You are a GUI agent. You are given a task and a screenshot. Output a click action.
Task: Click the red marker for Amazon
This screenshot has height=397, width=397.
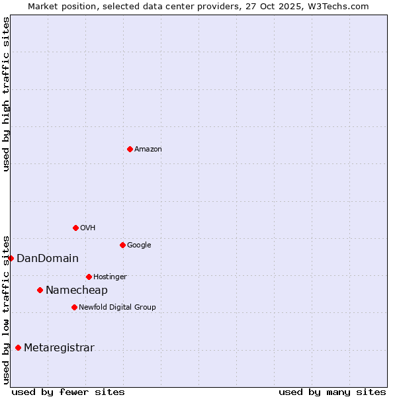(x=130, y=149)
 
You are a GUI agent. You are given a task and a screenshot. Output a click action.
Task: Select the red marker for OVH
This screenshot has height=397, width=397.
(x=75, y=228)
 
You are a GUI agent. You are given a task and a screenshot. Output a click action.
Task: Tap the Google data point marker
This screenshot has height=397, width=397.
(x=122, y=245)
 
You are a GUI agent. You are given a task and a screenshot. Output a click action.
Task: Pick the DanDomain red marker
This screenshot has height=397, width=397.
(x=11, y=258)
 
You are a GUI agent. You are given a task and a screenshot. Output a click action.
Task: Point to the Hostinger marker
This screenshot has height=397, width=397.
(x=89, y=277)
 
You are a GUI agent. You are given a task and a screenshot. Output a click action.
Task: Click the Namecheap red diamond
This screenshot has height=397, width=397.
(x=40, y=290)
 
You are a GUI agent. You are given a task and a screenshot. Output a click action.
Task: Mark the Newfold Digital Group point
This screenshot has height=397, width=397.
(x=74, y=307)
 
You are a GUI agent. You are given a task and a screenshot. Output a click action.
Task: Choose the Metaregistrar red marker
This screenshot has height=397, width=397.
(x=18, y=347)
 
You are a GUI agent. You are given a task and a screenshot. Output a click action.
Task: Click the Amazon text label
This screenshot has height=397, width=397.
(x=148, y=150)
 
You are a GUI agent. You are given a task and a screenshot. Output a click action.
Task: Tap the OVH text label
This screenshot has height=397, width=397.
(x=88, y=228)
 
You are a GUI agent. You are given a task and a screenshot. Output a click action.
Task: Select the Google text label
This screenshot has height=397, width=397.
(x=139, y=245)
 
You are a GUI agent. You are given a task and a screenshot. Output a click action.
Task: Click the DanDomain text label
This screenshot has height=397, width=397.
(x=48, y=259)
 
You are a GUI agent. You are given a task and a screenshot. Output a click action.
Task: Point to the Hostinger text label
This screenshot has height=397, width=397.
(x=110, y=277)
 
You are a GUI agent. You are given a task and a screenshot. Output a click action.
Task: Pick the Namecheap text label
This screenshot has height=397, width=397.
(x=77, y=290)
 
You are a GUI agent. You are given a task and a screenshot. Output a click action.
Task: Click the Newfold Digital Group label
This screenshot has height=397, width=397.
(x=118, y=308)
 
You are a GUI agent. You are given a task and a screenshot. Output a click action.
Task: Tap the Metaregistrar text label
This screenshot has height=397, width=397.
(x=60, y=348)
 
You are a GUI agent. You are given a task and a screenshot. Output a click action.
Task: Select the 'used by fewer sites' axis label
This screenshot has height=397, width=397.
(x=68, y=392)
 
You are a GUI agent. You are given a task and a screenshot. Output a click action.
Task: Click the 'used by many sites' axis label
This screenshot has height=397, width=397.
(x=332, y=392)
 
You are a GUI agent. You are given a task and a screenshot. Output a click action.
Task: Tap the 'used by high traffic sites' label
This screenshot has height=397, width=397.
(x=6, y=94)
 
